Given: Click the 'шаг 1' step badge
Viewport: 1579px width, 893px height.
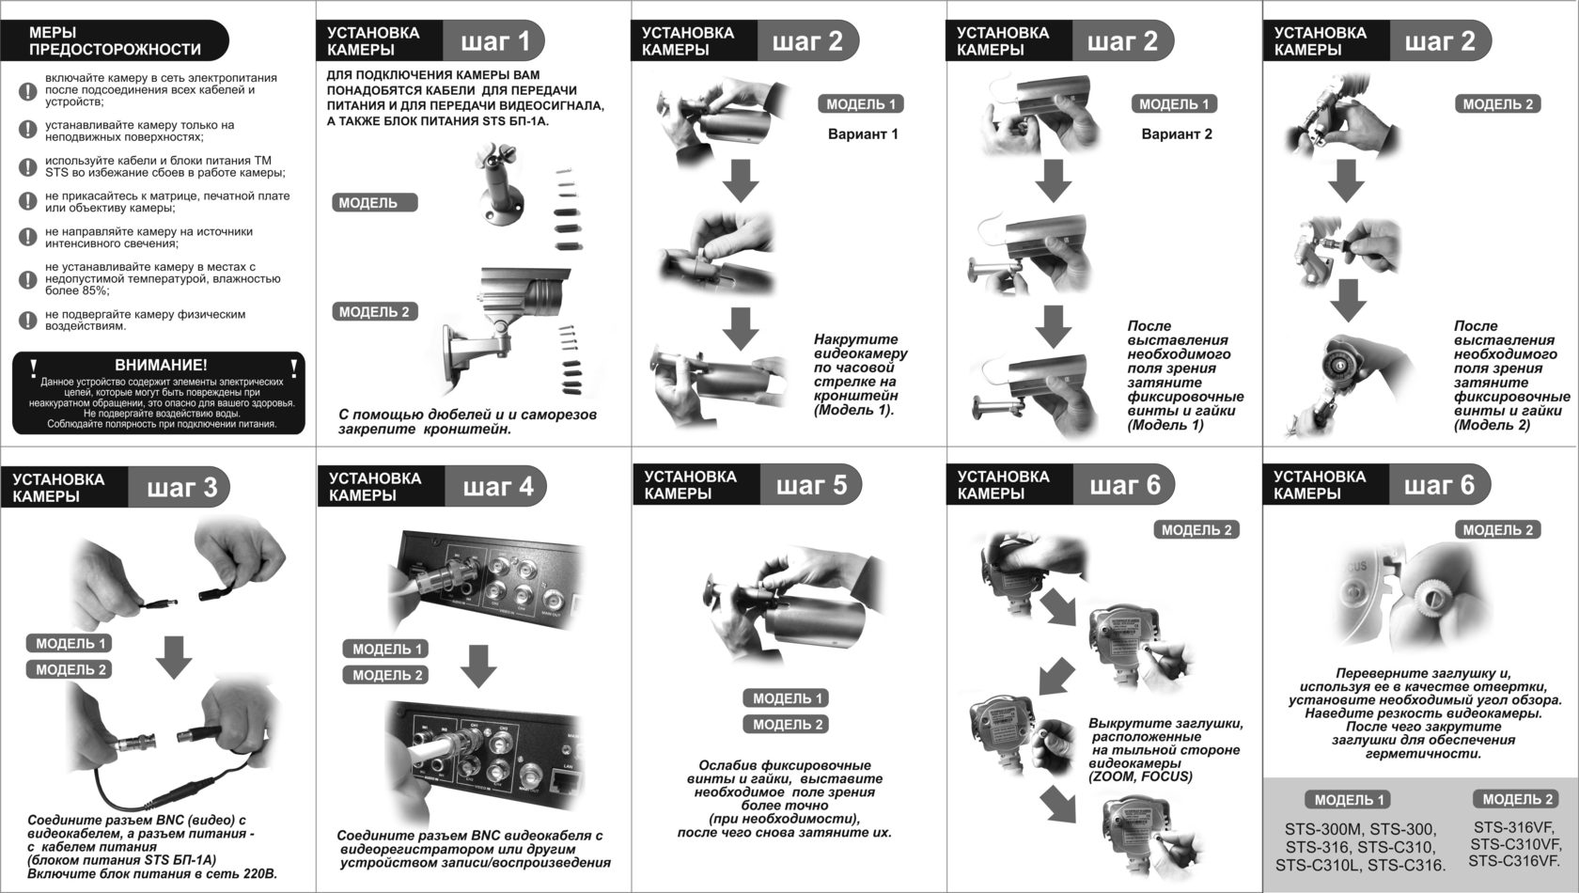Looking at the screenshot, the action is (x=494, y=40).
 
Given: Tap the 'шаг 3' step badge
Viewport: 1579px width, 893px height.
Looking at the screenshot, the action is (x=180, y=487).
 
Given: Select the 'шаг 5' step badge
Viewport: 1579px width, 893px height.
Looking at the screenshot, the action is (x=811, y=485).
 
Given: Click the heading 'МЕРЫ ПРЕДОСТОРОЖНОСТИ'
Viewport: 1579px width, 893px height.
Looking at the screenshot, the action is (x=115, y=40).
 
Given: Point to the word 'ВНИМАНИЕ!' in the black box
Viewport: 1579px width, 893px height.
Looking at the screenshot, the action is (x=161, y=365).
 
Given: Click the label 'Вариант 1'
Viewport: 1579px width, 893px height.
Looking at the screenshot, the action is (x=863, y=133).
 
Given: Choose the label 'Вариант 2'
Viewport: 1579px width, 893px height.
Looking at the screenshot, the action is (x=1177, y=133).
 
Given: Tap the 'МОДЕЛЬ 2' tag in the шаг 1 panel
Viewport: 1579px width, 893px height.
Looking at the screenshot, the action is (x=374, y=311).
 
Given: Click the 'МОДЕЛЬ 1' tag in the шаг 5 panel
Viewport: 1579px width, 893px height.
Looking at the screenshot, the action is (x=787, y=697).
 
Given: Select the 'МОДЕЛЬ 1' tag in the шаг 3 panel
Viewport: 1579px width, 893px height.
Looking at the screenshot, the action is (x=70, y=643).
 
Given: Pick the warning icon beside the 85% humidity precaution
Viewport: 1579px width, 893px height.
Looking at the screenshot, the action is (x=27, y=279).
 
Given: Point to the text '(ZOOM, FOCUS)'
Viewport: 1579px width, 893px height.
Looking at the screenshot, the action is (x=1141, y=776).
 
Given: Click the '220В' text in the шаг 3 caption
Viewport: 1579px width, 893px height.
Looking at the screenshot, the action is (x=258, y=873).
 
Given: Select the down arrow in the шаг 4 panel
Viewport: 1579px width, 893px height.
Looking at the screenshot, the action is (x=478, y=666).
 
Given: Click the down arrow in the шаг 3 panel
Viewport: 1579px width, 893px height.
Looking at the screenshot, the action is (x=174, y=657).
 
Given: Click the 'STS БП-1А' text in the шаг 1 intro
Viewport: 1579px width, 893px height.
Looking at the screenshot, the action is (x=514, y=120).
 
